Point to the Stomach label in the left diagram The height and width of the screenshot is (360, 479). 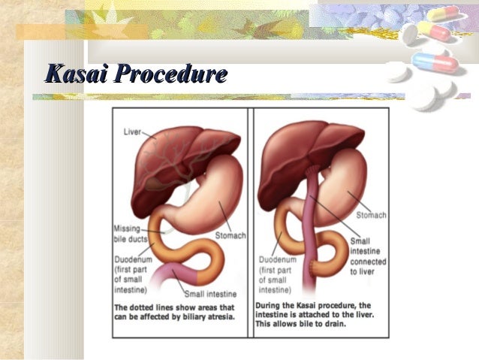230,235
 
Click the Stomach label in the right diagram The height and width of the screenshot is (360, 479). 372,215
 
